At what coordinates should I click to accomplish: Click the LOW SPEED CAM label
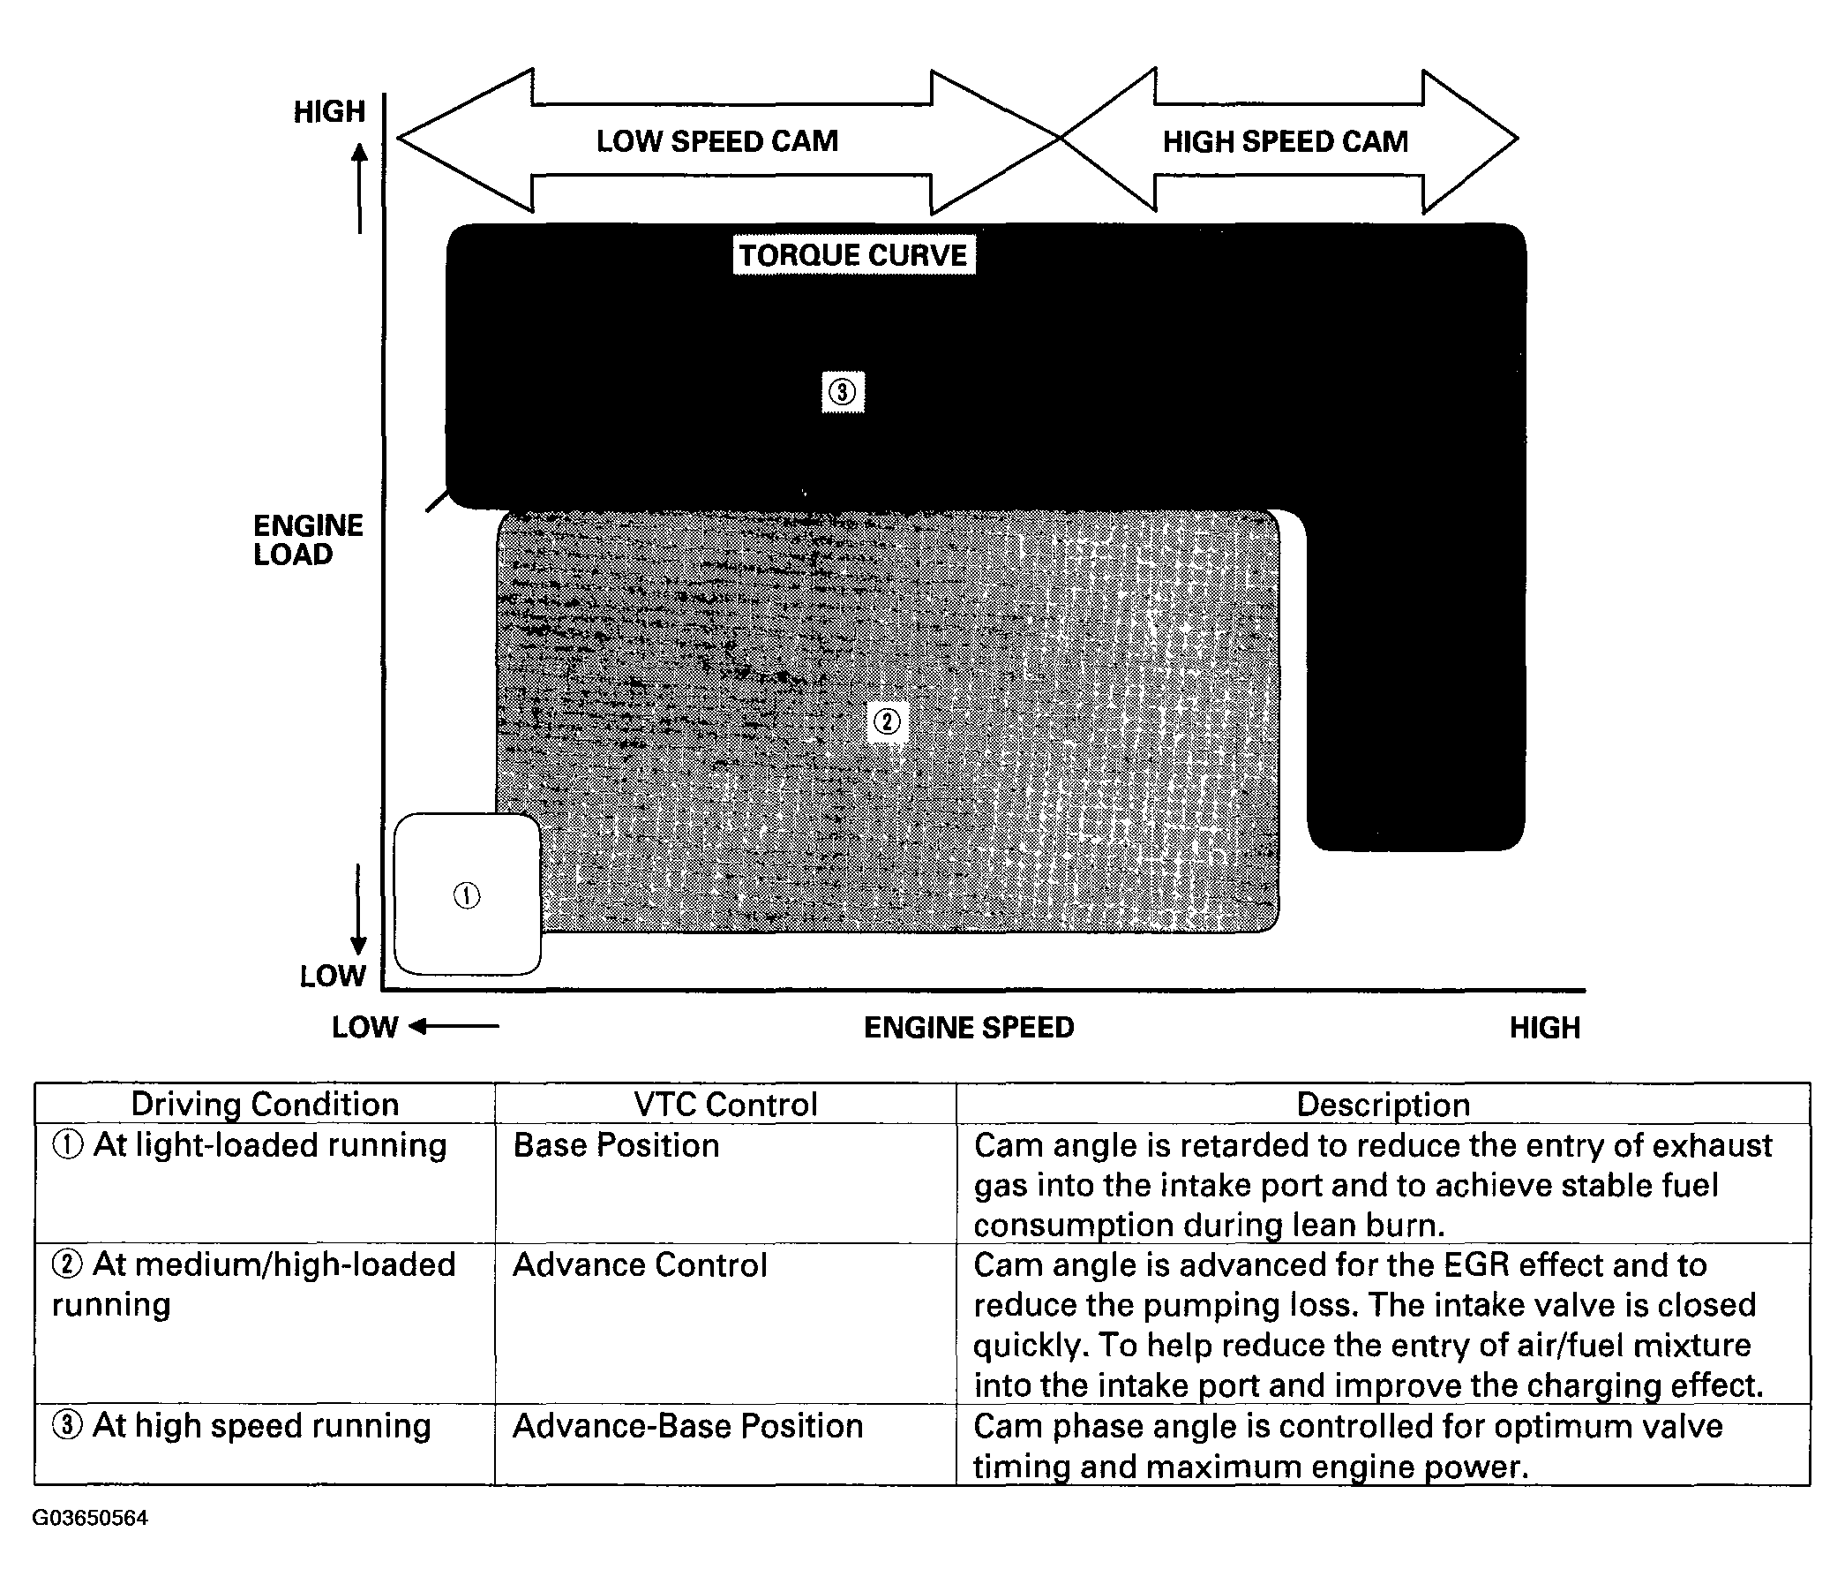click(x=716, y=140)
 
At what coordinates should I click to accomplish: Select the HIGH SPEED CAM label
click(x=1285, y=140)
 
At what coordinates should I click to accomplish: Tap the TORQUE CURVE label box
click(x=852, y=255)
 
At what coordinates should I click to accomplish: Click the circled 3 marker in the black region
click(x=842, y=392)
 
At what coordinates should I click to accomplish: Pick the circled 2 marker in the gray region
click(x=887, y=721)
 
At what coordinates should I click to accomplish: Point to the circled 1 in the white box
click(x=467, y=895)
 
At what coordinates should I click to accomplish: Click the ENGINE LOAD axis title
click(x=308, y=539)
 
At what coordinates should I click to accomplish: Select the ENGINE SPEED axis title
click(x=969, y=1027)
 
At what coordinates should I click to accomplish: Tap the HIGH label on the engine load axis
click(x=329, y=111)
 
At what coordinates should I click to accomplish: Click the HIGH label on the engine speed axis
click(x=1544, y=1027)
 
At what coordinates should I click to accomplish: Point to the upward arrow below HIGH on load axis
click(x=359, y=187)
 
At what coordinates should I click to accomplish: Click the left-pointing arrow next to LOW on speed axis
click(x=454, y=1026)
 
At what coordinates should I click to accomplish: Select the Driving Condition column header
click(x=265, y=1104)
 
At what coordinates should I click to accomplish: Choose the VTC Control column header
click(x=724, y=1104)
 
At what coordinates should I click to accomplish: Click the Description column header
click(x=1382, y=1104)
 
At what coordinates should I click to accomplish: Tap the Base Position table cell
click(x=616, y=1145)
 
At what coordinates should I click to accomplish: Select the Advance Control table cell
click(x=640, y=1265)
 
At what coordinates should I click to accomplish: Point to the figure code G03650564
click(x=90, y=1518)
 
